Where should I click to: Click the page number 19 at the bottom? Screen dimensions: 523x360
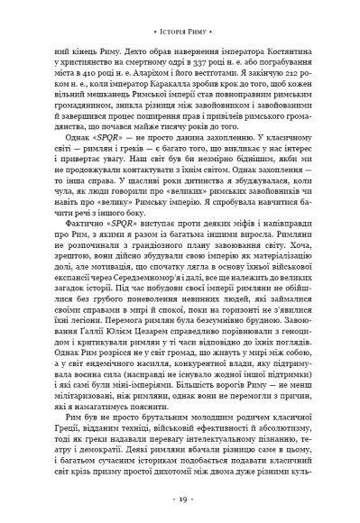click(180, 499)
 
